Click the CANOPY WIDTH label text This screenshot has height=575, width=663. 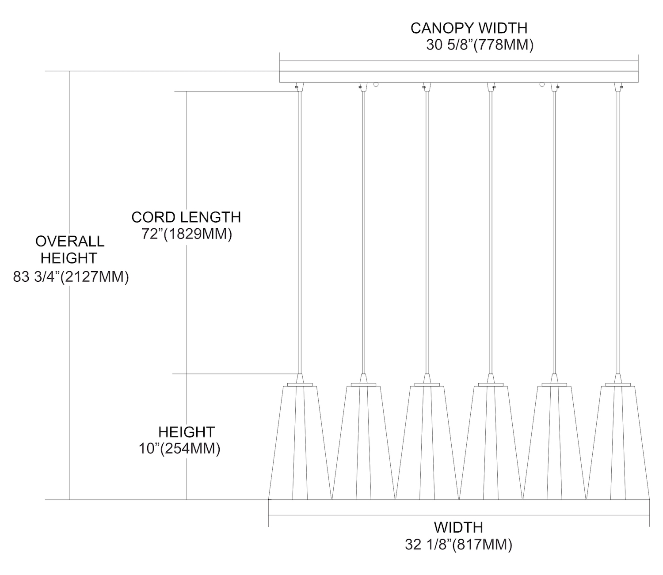[x=469, y=28]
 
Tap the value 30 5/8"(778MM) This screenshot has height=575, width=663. [x=480, y=45]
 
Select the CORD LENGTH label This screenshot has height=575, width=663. [x=186, y=217]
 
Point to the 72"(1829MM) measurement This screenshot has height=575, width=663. [x=187, y=234]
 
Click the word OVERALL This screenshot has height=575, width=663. [x=70, y=241]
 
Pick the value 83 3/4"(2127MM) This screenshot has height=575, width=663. [x=71, y=277]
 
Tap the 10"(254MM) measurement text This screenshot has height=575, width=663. [x=179, y=449]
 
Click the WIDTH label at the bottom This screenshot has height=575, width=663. [x=458, y=527]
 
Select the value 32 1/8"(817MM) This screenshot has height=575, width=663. [x=458, y=545]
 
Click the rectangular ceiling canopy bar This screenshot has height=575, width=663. [x=459, y=77]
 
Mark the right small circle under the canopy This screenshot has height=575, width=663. [x=542, y=84]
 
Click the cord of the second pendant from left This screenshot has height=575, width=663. [x=363, y=230]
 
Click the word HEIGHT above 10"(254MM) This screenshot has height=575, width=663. [x=187, y=432]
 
